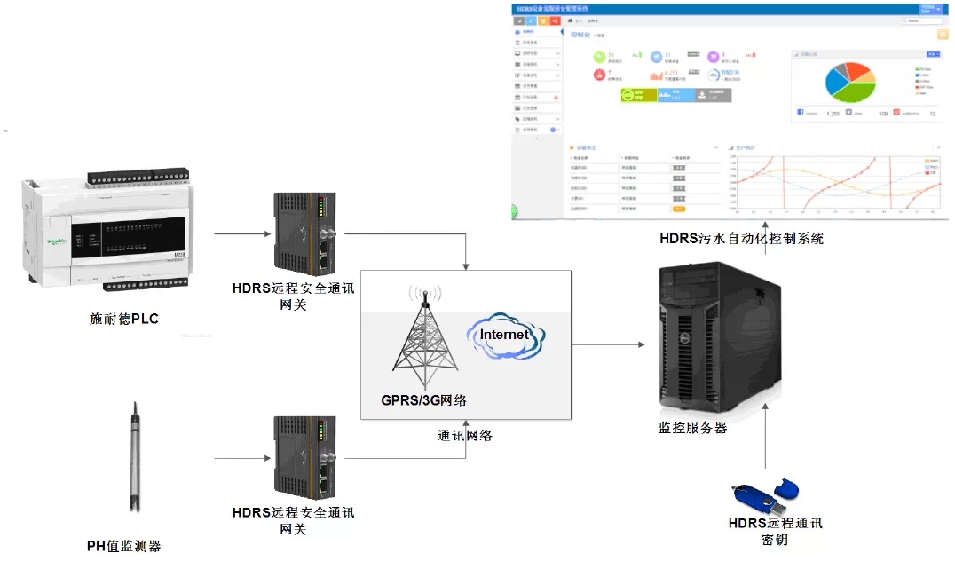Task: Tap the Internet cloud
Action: click(504, 336)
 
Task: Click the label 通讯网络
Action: click(465, 436)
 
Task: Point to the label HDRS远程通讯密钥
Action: click(775, 531)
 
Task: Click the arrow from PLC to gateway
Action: click(242, 235)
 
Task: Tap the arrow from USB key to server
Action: click(765, 435)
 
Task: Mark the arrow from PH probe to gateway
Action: click(242, 458)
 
